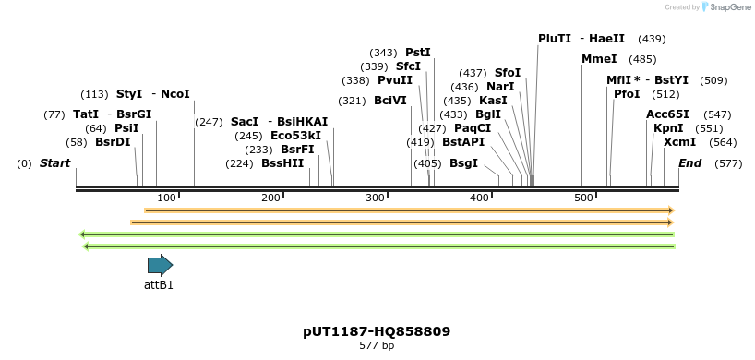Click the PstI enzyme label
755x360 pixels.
click(418, 53)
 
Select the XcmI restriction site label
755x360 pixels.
click(679, 142)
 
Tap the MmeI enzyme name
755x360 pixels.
click(598, 59)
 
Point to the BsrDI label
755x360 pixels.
click(113, 142)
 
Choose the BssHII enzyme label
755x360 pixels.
click(282, 163)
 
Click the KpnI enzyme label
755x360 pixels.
click(668, 128)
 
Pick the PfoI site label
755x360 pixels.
click(627, 94)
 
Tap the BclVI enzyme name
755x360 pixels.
click(389, 101)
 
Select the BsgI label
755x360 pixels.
click(463, 163)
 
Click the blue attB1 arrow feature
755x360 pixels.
click(160, 266)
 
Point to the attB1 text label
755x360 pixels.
click(159, 285)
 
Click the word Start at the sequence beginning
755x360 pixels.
click(54, 163)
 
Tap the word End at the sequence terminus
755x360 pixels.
click(689, 163)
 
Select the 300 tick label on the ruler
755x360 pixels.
click(375, 198)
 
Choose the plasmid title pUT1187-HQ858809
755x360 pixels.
click(377, 330)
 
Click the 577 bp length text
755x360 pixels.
click(377, 346)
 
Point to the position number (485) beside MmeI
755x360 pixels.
click(642, 59)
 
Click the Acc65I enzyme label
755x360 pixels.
click(667, 114)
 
